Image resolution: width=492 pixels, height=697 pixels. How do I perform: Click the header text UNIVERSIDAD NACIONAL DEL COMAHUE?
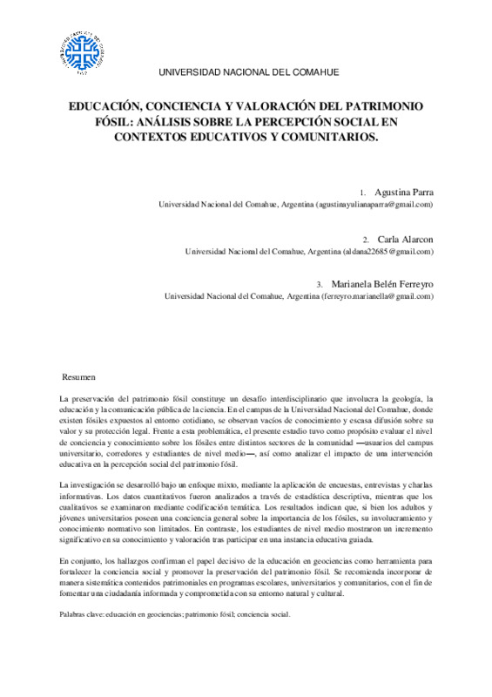coord(246,72)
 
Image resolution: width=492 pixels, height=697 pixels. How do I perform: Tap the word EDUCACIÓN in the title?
coord(111,106)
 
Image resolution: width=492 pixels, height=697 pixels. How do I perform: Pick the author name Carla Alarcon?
coord(404,239)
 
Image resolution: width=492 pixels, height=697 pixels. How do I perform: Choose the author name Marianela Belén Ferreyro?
coord(382,284)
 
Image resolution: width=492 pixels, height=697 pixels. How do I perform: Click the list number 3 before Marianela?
coord(320,285)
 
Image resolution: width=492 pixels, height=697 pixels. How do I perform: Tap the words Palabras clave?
coord(76,614)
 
